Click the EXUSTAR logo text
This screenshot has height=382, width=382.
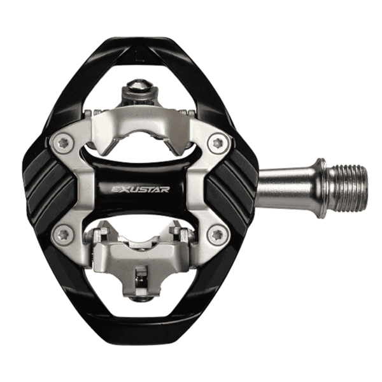click(x=140, y=189)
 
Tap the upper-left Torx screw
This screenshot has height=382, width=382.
click(x=64, y=145)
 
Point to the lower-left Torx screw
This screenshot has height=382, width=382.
click(x=64, y=236)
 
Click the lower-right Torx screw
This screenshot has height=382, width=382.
click(x=217, y=236)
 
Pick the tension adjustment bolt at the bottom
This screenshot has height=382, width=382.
click(x=141, y=299)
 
